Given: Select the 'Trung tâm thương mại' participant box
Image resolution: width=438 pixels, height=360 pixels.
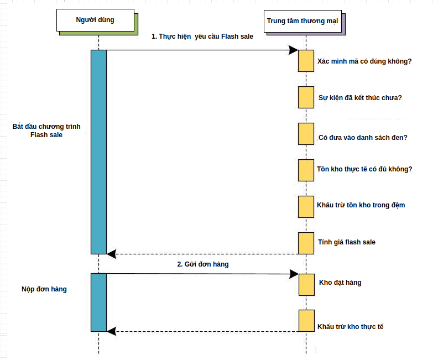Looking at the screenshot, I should [303, 21].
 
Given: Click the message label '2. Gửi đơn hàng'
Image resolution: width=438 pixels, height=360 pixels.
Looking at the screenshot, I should [203, 264].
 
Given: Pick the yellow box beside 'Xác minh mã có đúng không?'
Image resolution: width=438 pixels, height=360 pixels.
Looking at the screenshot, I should [306, 61].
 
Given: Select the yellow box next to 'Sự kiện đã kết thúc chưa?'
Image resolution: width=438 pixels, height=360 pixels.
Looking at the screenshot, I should [306, 97].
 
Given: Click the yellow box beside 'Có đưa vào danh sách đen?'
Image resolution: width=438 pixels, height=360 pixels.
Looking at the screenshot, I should [306, 134].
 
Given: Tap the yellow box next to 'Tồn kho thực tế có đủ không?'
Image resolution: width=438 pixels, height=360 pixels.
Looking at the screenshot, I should [306, 170].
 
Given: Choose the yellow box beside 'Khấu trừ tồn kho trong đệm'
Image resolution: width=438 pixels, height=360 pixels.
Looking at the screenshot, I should [306, 206].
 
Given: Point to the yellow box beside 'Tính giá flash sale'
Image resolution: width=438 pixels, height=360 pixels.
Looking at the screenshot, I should [306, 243].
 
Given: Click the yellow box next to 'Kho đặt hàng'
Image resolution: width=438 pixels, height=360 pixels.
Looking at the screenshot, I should [306, 284].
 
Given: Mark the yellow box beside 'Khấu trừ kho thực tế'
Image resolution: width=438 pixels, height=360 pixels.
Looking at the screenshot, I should [306, 320].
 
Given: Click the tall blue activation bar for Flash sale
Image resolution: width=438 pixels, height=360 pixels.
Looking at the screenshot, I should [98, 151].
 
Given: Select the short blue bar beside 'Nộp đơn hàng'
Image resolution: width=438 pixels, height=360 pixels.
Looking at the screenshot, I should [98, 302].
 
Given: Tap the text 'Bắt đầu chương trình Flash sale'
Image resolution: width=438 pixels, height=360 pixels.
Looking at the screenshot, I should [46, 131].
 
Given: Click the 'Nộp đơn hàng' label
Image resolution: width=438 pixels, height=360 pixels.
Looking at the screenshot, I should [44, 289].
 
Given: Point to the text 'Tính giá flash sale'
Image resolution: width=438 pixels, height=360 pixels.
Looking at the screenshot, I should [347, 242].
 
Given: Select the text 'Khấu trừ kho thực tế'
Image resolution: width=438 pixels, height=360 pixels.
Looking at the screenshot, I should [351, 327].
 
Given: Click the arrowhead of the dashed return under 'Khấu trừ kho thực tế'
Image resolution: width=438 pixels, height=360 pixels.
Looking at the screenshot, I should [111, 331].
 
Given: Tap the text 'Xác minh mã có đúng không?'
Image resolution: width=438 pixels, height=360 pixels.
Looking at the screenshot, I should [364, 61].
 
